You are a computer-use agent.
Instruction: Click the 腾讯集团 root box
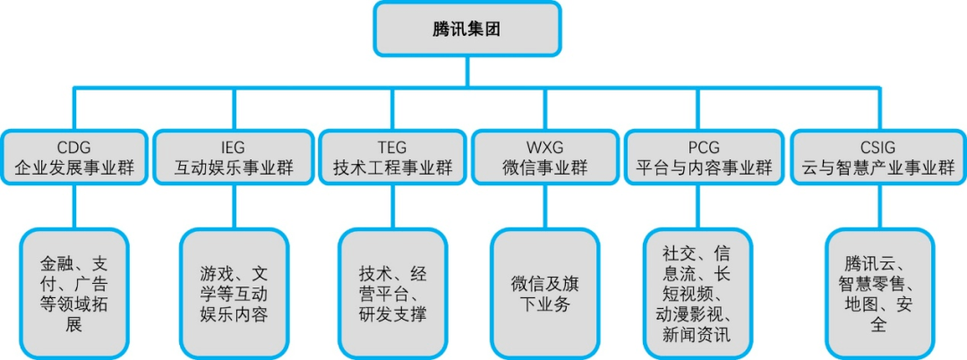click(x=466, y=29)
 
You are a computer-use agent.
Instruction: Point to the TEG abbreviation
click(x=393, y=148)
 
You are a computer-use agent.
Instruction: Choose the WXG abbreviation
click(x=544, y=148)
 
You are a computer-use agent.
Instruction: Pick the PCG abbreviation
click(x=704, y=148)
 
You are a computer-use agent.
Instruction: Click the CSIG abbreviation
click(x=879, y=148)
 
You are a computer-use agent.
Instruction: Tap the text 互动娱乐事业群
click(x=234, y=167)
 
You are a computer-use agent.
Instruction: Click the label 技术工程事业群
click(x=393, y=167)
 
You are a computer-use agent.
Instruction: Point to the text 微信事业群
click(x=544, y=167)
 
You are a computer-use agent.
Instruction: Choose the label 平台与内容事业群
click(x=704, y=167)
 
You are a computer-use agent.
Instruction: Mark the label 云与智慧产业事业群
click(x=879, y=167)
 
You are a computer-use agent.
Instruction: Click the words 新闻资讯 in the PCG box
click(x=697, y=335)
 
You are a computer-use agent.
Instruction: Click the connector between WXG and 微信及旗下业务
click(x=544, y=207)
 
